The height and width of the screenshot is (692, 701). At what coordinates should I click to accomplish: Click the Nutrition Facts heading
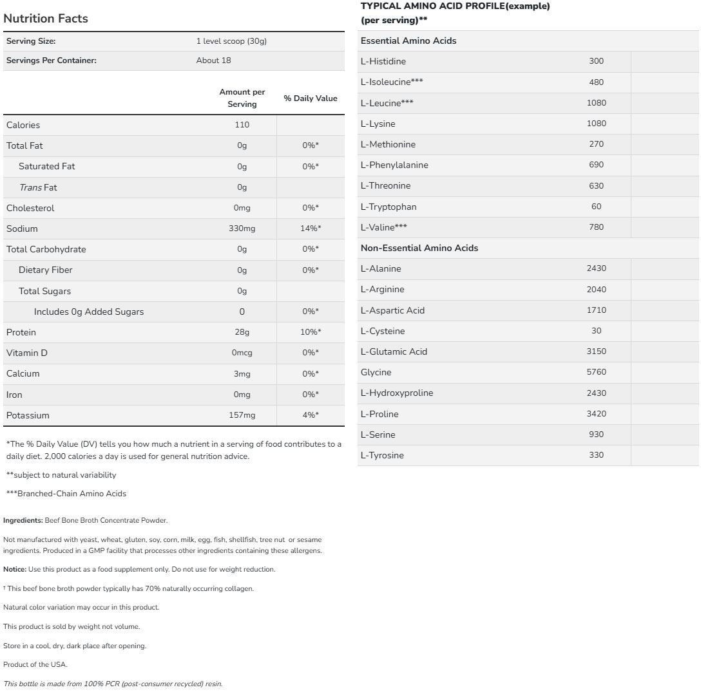[46, 19]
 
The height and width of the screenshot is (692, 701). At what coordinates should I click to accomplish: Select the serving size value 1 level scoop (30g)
[231, 41]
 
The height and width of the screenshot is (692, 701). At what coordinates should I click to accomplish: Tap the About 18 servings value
[213, 61]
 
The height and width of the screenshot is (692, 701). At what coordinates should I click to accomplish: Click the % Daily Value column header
[311, 98]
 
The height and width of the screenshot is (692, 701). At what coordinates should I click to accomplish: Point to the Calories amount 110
[242, 125]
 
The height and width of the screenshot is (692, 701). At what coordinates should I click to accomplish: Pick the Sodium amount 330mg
[242, 229]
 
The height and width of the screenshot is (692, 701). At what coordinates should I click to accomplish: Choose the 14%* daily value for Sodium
[311, 229]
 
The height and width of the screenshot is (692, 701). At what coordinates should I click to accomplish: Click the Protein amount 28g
[242, 332]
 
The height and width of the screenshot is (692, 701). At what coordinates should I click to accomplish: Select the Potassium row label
[28, 415]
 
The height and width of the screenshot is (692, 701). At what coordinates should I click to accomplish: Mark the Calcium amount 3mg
[242, 373]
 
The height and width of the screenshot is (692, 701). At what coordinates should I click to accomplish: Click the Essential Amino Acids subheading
[408, 41]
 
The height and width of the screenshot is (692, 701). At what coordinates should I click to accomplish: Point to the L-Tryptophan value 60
[596, 207]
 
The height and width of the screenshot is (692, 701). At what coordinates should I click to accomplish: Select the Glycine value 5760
[596, 372]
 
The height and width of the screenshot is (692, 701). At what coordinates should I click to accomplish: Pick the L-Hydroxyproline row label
[397, 393]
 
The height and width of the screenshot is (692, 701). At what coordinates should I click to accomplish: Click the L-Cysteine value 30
[596, 331]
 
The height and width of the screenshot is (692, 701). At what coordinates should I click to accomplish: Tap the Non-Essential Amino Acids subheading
[419, 248]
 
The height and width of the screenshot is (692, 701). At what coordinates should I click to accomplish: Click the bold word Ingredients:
[23, 520]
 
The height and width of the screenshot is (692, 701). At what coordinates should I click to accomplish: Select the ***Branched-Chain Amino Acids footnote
[66, 494]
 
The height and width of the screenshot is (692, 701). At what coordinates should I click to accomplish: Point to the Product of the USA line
[35, 664]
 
